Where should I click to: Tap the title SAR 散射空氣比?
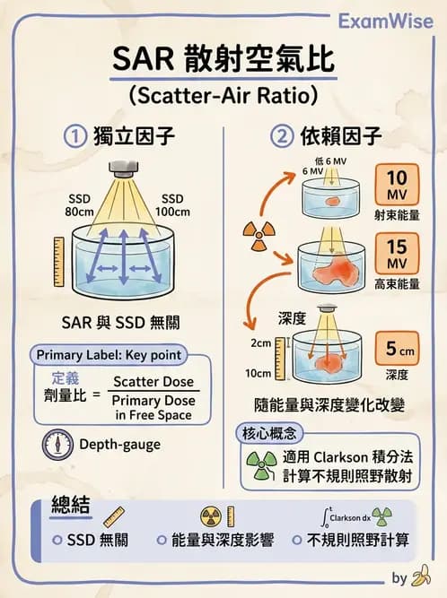(223, 61)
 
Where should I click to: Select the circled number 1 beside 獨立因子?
(75, 136)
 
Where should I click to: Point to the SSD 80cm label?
(81, 204)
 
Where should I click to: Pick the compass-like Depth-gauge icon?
(57, 444)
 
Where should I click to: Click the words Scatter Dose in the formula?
(153, 382)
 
